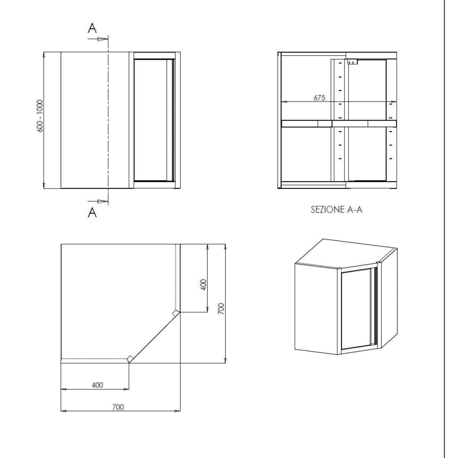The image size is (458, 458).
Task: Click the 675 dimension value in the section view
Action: pyautogui.click(x=319, y=98)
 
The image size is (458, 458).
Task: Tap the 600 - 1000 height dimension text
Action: pyautogui.click(x=40, y=116)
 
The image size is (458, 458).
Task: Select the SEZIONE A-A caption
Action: pyautogui.click(x=336, y=210)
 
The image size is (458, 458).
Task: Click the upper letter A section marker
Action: pyautogui.click(x=92, y=28)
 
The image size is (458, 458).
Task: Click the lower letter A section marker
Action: pyautogui.click(x=92, y=213)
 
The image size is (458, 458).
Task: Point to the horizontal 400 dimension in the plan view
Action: pyautogui.click(x=97, y=385)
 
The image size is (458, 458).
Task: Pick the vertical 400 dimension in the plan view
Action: pyautogui.click(x=203, y=284)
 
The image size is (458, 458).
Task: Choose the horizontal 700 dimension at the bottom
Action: pyautogui.click(x=118, y=407)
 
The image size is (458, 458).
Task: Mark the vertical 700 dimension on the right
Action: pyautogui.click(x=221, y=308)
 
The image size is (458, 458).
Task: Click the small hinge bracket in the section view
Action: pyautogui.click(x=352, y=62)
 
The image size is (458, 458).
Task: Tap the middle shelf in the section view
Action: pyautogui.click(x=339, y=123)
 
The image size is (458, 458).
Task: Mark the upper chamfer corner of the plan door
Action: pyautogui.click(x=176, y=313)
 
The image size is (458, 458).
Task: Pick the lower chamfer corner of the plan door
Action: pyautogui.click(x=130, y=358)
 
